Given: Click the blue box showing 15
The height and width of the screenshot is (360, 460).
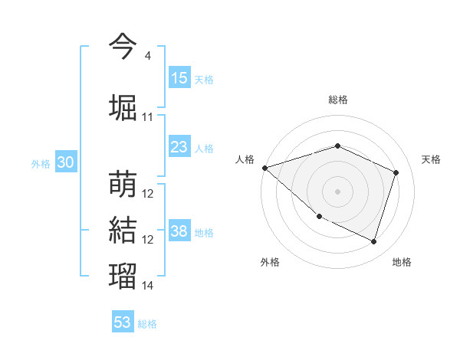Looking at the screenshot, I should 179,78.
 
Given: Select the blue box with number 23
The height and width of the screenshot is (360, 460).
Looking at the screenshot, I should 179,147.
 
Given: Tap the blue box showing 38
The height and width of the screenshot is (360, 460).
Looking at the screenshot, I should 179,231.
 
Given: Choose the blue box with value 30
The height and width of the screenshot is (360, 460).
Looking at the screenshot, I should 65,162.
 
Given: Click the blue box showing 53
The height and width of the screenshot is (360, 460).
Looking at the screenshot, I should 123,322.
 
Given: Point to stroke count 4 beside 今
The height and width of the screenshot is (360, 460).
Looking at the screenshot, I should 147,56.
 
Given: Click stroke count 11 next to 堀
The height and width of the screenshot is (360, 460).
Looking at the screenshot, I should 147,117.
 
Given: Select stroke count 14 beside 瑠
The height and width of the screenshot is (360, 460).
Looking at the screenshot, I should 147,286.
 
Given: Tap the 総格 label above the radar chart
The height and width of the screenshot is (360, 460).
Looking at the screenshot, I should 337,100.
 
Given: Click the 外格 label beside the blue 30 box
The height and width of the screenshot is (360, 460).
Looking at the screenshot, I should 41,163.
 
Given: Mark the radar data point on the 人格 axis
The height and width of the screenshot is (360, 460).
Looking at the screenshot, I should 264,168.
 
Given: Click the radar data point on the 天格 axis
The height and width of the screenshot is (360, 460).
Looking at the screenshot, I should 396,172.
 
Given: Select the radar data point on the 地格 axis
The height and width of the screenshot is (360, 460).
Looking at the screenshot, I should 373,241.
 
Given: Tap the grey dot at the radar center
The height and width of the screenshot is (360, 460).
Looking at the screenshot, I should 337,191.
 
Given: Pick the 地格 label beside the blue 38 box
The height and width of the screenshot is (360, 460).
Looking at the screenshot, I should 205,232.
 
